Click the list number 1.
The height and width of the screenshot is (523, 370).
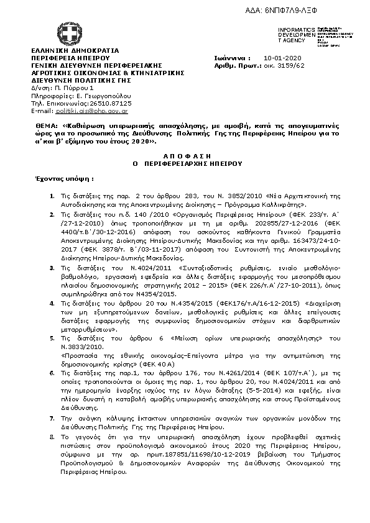(x=52, y=196)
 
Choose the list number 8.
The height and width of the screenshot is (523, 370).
(x=52, y=437)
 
